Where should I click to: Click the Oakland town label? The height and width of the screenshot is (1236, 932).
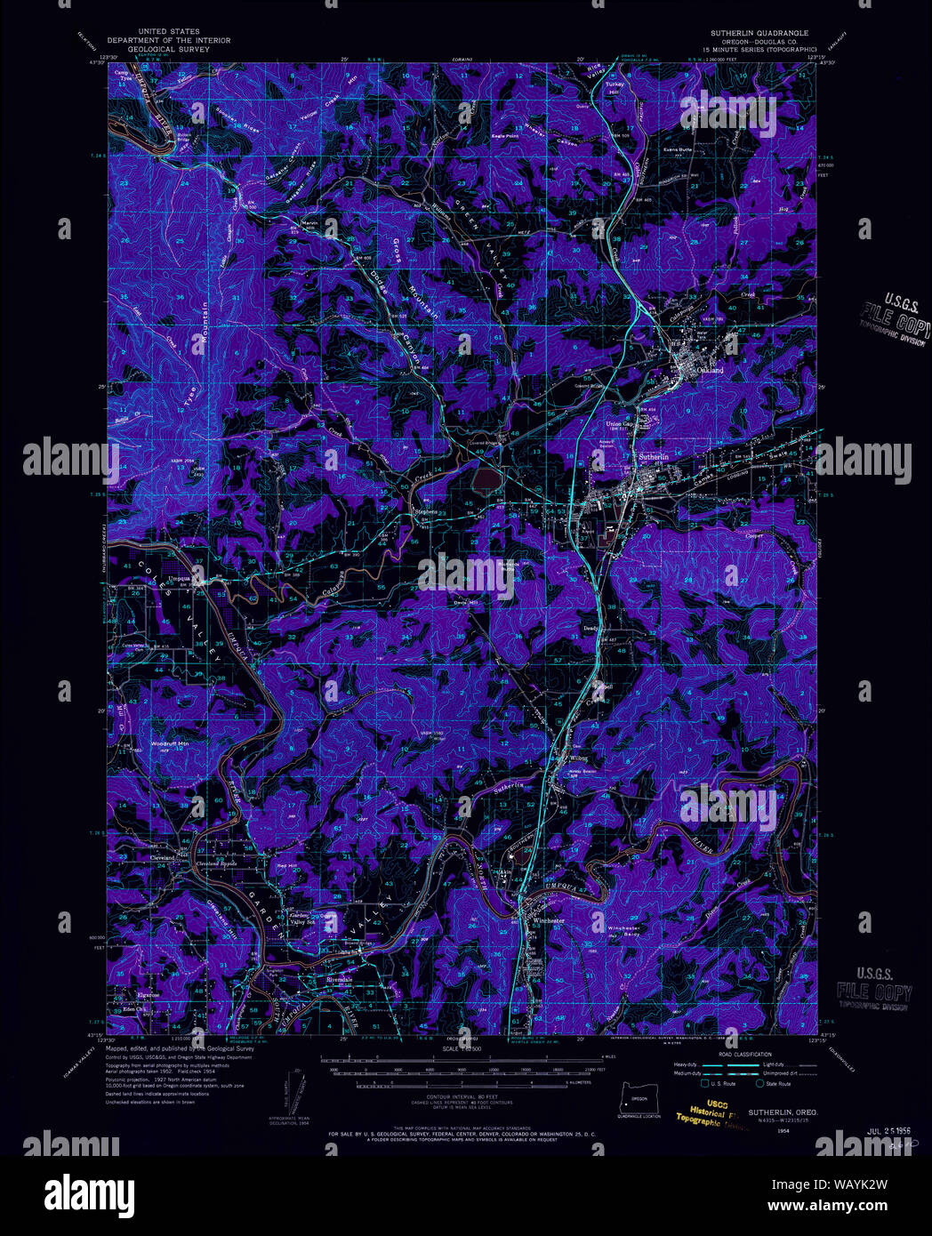(x=710, y=369)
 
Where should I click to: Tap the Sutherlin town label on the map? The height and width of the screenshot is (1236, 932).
(x=654, y=456)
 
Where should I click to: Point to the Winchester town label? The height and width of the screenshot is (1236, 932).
(x=549, y=920)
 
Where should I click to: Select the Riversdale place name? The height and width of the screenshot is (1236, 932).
(x=340, y=980)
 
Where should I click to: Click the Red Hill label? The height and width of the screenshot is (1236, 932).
(x=286, y=866)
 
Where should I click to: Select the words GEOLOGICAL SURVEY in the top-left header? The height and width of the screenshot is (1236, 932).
(x=169, y=50)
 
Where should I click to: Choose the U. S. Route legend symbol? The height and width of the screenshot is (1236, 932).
(x=705, y=1083)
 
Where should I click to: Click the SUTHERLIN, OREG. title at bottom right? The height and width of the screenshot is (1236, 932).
(x=783, y=1112)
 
